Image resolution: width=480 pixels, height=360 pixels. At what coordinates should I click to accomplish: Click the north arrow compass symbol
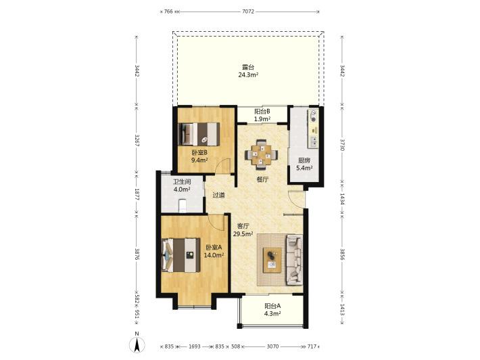137,344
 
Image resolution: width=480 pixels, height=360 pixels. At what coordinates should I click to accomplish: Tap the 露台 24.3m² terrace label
248,71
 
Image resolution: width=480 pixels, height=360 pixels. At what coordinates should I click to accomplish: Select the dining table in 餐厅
261,155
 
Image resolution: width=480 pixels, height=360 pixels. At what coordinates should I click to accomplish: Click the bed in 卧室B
199,134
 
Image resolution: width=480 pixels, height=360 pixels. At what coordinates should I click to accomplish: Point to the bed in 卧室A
181,255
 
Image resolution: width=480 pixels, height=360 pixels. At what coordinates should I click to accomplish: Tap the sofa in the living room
295,259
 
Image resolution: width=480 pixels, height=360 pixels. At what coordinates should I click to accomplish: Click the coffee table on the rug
272,260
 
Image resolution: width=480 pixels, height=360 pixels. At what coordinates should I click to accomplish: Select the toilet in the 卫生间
182,205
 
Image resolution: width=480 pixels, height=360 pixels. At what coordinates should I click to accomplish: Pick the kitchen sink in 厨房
314,141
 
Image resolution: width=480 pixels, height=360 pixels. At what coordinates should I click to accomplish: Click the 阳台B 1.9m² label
262,115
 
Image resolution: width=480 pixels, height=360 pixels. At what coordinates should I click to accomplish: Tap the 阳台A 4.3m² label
272,310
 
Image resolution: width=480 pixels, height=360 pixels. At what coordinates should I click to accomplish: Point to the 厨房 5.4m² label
304,164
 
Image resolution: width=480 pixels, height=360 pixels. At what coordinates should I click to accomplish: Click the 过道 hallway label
218,195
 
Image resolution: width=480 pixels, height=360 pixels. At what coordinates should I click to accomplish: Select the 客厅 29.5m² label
243,230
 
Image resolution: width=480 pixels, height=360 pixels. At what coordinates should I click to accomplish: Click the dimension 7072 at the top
248,12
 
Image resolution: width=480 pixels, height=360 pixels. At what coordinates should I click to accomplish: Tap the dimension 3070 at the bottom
272,346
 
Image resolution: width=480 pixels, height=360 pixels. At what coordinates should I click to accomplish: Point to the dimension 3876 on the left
137,254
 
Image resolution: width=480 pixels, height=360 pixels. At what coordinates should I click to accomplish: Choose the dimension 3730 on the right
342,145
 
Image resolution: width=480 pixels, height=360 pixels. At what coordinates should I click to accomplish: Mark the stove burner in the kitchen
313,116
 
